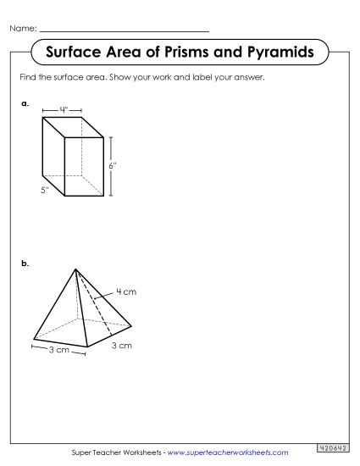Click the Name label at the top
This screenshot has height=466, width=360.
[22, 29]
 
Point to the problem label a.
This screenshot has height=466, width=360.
[26, 103]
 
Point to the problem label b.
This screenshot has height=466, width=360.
[26, 264]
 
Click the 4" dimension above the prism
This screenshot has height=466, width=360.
[64, 109]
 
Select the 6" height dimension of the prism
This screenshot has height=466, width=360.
[112, 165]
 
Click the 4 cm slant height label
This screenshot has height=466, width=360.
[125, 291]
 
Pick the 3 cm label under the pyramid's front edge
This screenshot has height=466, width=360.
[58, 350]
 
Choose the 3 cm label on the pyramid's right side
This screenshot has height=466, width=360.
[123, 345]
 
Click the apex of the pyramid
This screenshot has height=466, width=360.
[77, 270]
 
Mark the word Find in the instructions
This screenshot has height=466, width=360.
[28, 78]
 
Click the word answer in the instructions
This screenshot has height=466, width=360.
[252, 78]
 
